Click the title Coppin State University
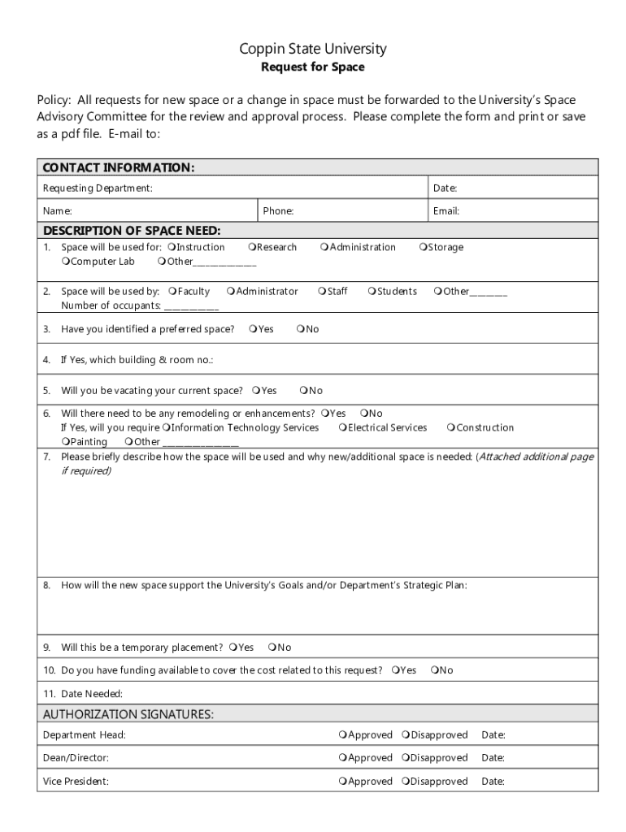point(313,50)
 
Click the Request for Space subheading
point(313,68)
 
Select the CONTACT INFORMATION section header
point(118,167)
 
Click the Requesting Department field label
point(98,188)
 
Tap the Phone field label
point(278,211)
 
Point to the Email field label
point(446,211)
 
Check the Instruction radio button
point(172,247)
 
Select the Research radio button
point(252,247)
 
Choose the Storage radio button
point(423,247)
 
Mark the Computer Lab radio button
point(65,262)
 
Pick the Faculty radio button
point(172,291)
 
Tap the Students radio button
point(372,291)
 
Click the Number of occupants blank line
point(192,306)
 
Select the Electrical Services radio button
point(343,427)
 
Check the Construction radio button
point(451,427)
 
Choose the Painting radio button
point(65,442)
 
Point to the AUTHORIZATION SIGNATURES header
point(128,714)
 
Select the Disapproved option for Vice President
point(405,782)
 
